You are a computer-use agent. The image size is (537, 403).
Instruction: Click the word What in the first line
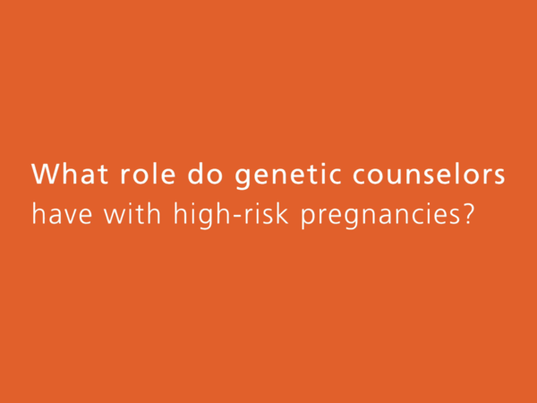coord(70,174)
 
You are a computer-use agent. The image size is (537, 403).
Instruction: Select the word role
coord(148,174)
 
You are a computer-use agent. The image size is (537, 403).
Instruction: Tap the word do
coord(205,174)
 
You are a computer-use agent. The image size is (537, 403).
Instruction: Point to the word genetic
coord(288,176)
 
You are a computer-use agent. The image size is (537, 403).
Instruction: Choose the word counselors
coord(429,174)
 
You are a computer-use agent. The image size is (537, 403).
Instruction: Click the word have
coord(62,213)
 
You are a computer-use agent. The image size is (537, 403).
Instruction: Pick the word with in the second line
coord(132,213)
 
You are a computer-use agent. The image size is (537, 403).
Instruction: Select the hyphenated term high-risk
coord(231,216)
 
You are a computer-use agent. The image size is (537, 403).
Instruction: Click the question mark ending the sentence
coord(468,214)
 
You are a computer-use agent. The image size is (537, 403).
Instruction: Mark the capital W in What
coord(46,174)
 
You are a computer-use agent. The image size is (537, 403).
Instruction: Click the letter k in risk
coord(282,213)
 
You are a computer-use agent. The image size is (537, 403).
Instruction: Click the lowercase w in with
coord(115,216)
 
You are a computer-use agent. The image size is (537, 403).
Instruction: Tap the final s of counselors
coord(499,176)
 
